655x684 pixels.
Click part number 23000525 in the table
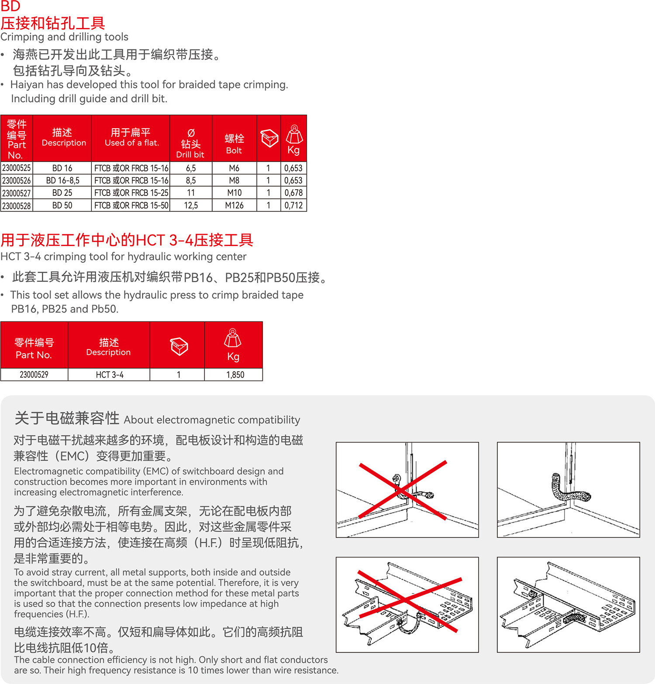pos(17,168)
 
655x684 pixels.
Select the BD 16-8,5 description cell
pos(62,180)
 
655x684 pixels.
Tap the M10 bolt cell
pos(234,192)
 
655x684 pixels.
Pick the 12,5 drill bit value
pos(191,205)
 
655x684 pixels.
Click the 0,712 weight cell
pos(293,205)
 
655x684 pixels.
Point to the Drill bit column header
pos(190,144)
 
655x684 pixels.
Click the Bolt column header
pos(234,144)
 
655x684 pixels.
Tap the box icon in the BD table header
pos(269,138)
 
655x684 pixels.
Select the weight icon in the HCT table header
pos(233,338)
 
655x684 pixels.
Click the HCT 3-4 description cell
pos(110,375)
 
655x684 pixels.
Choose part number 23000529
pos(34,375)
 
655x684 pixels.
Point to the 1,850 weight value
pos(235,375)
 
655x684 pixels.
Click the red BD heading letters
pos(10,7)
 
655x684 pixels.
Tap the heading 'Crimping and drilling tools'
pos(65,37)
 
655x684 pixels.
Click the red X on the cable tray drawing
pos(408,601)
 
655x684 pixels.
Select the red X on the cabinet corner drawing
pos(402,490)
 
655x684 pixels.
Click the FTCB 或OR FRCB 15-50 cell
pos(131,205)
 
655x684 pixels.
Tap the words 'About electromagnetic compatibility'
pos(212,420)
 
